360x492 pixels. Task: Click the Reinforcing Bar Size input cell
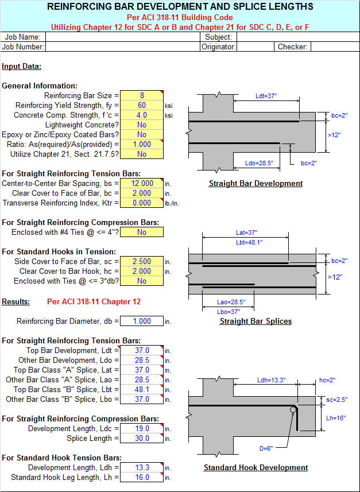[142, 95]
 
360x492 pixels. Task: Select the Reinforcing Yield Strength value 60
[142, 105]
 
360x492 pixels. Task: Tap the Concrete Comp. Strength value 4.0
[142, 115]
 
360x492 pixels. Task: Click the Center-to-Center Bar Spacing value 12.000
[142, 183]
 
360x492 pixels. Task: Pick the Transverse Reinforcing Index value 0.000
[142, 203]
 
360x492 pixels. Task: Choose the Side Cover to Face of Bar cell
[142, 261]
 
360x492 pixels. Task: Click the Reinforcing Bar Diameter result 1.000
[142, 321]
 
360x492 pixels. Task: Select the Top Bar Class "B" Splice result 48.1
[142, 389]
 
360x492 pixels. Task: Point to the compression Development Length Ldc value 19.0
[142, 428]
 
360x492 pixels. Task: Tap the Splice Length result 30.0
[142, 438]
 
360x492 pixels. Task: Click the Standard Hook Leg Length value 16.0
[142, 477]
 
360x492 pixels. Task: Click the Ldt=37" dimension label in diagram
[268, 96]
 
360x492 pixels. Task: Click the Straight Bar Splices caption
[256, 321]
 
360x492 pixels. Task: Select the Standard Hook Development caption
[256, 467]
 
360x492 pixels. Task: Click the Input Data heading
[22, 66]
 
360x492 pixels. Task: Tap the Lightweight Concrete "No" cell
[142, 125]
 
